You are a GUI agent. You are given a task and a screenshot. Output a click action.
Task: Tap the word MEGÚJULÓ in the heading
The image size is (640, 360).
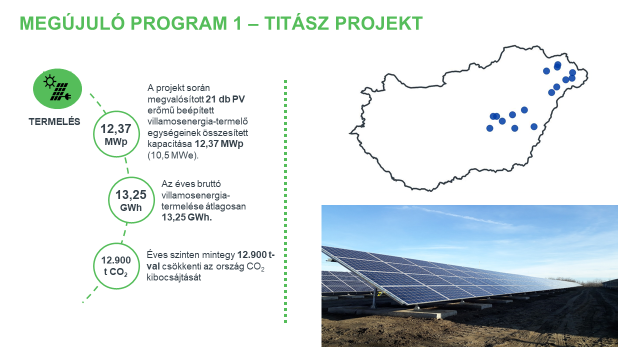click(70, 23)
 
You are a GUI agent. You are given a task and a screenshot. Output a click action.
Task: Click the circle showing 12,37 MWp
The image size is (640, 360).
click(116, 135)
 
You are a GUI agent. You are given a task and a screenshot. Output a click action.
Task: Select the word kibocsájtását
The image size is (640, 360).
click(175, 277)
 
